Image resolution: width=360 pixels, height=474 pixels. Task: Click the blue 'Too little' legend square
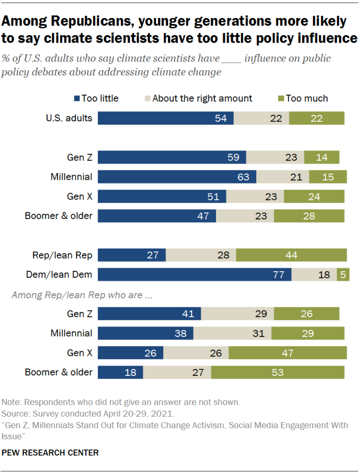[77, 98]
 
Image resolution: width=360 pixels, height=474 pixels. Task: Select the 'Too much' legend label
[307, 98]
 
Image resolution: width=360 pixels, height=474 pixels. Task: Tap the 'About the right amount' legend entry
[202, 98]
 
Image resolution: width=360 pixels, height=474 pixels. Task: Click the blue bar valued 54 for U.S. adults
[166, 118]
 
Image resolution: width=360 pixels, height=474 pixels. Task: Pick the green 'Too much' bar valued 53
[278, 372]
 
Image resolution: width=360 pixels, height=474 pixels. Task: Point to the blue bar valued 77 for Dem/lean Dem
[195, 274]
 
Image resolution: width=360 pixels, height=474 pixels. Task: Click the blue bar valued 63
[177, 177]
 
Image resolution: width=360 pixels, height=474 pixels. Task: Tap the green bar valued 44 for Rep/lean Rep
[292, 255]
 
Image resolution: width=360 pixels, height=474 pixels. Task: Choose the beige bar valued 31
[232, 333]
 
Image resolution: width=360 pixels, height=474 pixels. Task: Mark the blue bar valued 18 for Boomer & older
[121, 372]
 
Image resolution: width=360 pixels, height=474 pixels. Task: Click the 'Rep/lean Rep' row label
[62, 255]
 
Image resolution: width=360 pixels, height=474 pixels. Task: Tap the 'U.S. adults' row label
[69, 118]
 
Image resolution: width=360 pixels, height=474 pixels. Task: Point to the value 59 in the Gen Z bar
[233, 157]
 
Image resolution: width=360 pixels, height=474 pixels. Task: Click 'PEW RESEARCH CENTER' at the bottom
[50, 452]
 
